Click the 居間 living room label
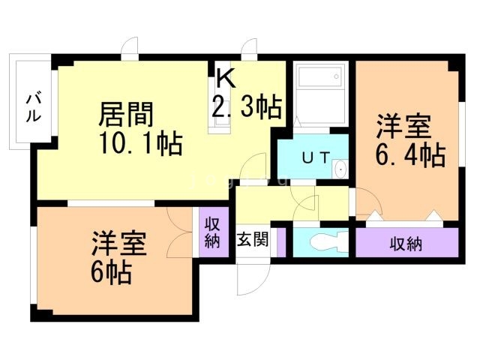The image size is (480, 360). click(x=127, y=115)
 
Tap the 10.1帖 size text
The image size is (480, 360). click(x=140, y=142)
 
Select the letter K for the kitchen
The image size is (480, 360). click(x=226, y=77)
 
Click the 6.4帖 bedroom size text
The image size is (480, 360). click(x=409, y=154)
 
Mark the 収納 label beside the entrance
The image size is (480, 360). click(x=211, y=233)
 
